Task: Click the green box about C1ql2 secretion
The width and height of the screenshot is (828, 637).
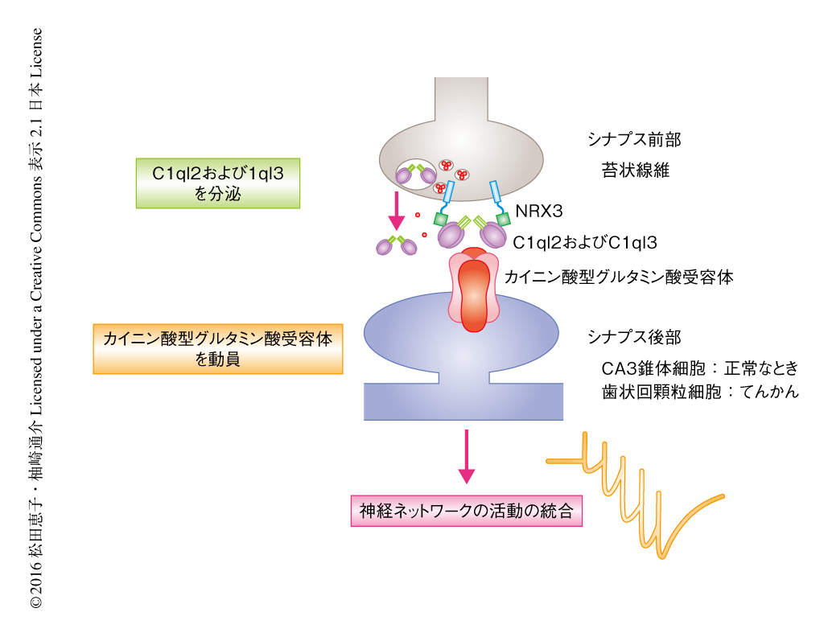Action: click(218, 183)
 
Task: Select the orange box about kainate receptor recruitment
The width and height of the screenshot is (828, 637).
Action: click(217, 349)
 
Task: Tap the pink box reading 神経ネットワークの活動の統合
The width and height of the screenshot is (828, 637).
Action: click(466, 511)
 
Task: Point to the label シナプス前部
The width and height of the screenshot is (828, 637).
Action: click(634, 140)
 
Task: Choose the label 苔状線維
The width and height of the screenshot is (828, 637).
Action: click(635, 170)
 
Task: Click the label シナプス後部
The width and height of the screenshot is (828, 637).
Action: click(635, 336)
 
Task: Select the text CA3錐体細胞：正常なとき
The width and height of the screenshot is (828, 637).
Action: click(699, 368)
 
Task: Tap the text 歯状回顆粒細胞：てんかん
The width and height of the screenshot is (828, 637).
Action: click(699, 393)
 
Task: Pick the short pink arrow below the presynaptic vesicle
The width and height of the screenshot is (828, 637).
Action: click(395, 209)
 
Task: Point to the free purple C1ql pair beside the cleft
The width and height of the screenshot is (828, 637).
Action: click(397, 245)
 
